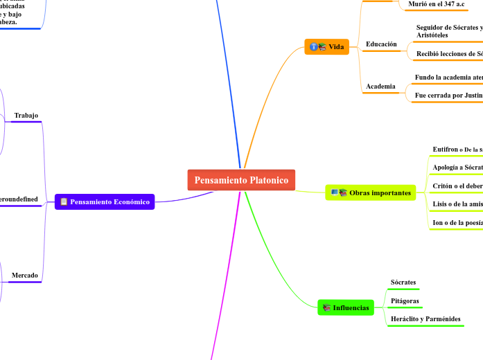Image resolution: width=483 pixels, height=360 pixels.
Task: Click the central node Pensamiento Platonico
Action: click(241, 180)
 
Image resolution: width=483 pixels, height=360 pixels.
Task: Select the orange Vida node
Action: click(327, 47)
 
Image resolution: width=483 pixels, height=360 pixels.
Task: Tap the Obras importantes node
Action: click(371, 192)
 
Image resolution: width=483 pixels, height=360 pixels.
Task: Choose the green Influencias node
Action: click(345, 307)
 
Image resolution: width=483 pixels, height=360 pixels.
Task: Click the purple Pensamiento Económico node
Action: click(105, 202)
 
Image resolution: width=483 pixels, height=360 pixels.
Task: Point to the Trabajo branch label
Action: click(26, 116)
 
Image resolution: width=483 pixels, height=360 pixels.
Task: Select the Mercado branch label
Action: click(25, 276)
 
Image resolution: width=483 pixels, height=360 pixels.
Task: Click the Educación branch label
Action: click(381, 44)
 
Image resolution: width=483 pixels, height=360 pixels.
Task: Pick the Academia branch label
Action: click(380, 87)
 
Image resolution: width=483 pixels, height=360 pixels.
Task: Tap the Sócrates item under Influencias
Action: click(403, 282)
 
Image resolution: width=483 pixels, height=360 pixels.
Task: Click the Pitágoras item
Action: click(405, 301)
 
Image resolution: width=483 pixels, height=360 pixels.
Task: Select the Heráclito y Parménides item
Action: click(425, 319)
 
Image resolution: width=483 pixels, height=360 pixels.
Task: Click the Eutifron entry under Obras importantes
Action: click(457, 150)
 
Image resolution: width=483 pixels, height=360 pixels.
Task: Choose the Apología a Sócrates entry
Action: click(457, 168)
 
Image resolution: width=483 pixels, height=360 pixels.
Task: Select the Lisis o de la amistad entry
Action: click(457, 205)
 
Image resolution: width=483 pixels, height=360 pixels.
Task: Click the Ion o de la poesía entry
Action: click(457, 223)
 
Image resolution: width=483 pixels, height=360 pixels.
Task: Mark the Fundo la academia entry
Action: click(448, 78)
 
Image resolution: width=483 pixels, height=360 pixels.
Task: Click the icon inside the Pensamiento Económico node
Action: click(64, 202)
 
